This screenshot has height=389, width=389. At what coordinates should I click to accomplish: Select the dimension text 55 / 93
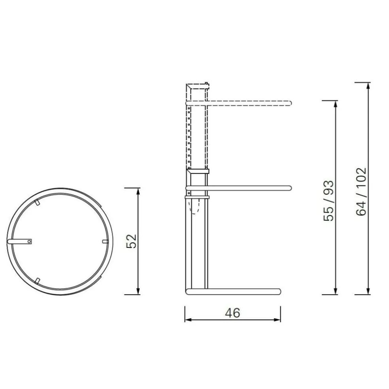[x=329, y=200]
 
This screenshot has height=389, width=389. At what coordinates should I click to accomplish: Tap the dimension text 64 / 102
[x=361, y=192]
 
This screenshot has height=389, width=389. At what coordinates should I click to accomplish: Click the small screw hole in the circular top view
[x=29, y=241]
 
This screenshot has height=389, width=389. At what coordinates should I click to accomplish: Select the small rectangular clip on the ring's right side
[x=105, y=241]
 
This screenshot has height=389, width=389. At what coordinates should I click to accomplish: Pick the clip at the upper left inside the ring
[x=37, y=202]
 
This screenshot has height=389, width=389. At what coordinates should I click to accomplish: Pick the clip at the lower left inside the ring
[x=37, y=280]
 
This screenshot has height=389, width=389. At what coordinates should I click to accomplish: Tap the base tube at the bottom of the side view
[x=233, y=292]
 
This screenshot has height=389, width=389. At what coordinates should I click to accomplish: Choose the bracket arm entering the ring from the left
[x=18, y=241]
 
